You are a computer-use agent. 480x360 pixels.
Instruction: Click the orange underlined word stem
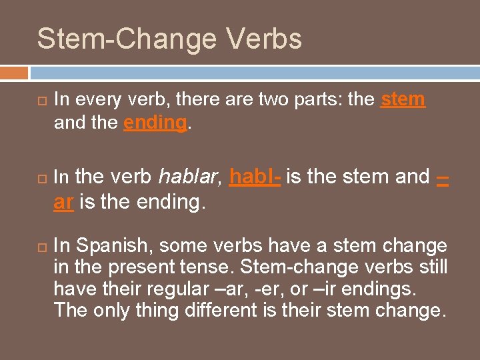pyautogui.click(x=403, y=100)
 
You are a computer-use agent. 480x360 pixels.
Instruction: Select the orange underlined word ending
pyautogui.click(x=155, y=123)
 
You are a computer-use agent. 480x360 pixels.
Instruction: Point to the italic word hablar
pyautogui.click(x=188, y=177)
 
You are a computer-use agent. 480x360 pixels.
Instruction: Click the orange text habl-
pyautogui.click(x=255, y=177)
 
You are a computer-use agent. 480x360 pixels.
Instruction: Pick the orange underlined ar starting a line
pyautogui.click(x=63, y=202)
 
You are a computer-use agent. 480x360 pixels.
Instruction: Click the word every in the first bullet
pyautogui.click(x=95, y=100)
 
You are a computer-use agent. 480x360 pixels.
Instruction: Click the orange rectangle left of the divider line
pyautogui.click(x=14, y=72)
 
